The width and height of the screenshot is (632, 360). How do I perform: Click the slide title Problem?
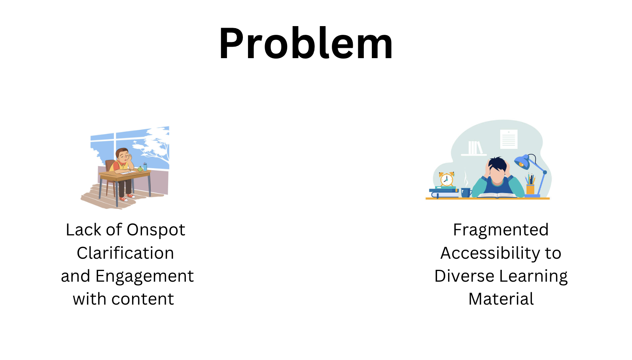pyautogui.click(x=306, y=43)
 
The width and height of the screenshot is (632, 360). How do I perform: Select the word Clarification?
pyautogui.click(x=125, y=253)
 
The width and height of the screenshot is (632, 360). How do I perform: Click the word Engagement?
pyautogui.click(x=144, y=277)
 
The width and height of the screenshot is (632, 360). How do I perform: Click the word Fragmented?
pyautogui.click(x=501, y=230)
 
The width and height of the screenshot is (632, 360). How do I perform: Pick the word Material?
pyautogui.click(x=501, y=299)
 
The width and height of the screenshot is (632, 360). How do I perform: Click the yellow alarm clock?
pyautogui.click(x=447, y=179)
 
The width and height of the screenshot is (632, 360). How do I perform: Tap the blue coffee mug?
pyautogui.click(x=466, y=193)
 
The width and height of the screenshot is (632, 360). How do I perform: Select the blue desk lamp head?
pyautogui.click(x=522, y=162)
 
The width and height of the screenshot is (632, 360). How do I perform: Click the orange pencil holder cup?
pyautogui.click(x=530, y=189)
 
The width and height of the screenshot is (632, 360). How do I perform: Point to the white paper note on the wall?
pyautogui.click(x=509, y=139)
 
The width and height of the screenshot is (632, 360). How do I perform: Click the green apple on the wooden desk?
pyautogui.click(x=140, y=169)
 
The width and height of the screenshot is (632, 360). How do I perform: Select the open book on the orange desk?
pyautogui.click(x=497, y=195)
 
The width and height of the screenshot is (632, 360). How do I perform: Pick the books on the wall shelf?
pyautogui.click(x=475, y=148)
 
